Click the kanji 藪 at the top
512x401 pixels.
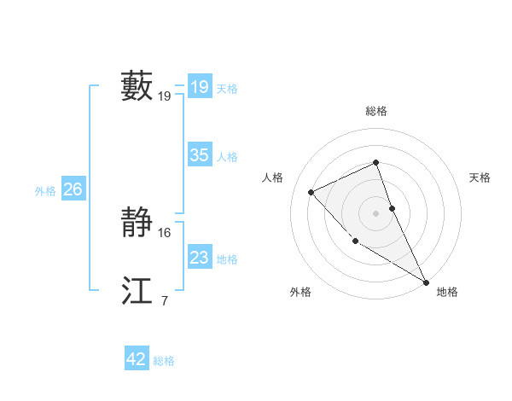pyautogui.click(x=137, y=86)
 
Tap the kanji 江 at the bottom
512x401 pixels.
pyautogui.click(x=137, y=290)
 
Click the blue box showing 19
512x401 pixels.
pyautogui.click(x=199, y=87)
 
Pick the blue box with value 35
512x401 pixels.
pyautogui.click(x=199, y=155)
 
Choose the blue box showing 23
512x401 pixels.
pyautogui.click(x=199, y=258)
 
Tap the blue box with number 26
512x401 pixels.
pyautogui.click(x=73, y=189)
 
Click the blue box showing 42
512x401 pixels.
pyautogui.click(x=137, y=359)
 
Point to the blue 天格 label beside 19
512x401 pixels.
pyautogui.click(x=227, y=89)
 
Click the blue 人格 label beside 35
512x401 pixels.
pyautogui.click(x=227, y=157)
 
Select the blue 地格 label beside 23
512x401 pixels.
pyautogui.click(x=227, y=259)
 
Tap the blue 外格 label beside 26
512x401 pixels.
pyautogui.click(x=45, y=191)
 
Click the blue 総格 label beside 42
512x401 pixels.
pyautogui.click(x=164, y=361)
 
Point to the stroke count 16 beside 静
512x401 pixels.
pyautogui.click(x=165, y=232)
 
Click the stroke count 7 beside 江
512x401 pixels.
pyautogui.click(x=164, y=300)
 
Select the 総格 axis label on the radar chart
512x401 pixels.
pyautogui.click(x=375, y=111)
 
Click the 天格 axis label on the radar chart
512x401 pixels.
pyautogui.click(x=480, y=177)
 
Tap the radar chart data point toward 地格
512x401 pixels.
pyautogui.click(x=426, y=282)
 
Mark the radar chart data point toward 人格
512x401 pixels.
pyautogui.click(x=311, y=192)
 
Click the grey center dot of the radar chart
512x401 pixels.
pyautogui.click(x=375, y=212)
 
